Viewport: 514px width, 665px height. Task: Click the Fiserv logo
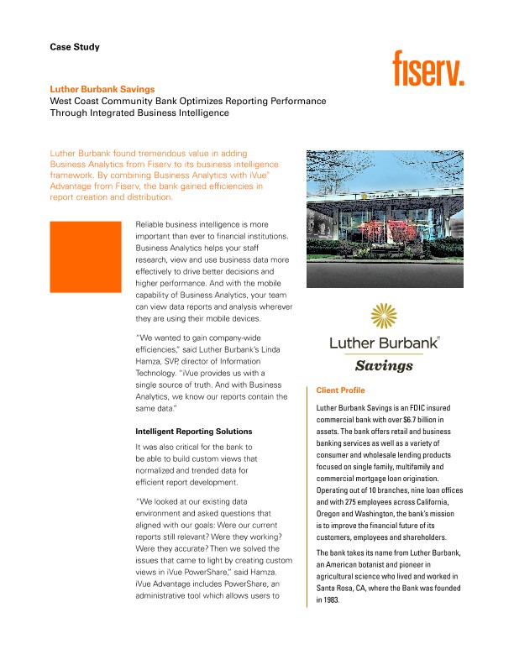(x=428, y=68)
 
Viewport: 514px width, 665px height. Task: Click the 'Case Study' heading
(x=75, y=47)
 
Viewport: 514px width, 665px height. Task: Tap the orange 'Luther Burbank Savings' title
(x=102, y=88)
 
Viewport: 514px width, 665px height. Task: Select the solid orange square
(x=86, y=257)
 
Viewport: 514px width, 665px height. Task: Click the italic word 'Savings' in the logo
(x=385, y=366)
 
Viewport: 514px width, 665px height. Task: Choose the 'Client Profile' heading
(x=340, y=391)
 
